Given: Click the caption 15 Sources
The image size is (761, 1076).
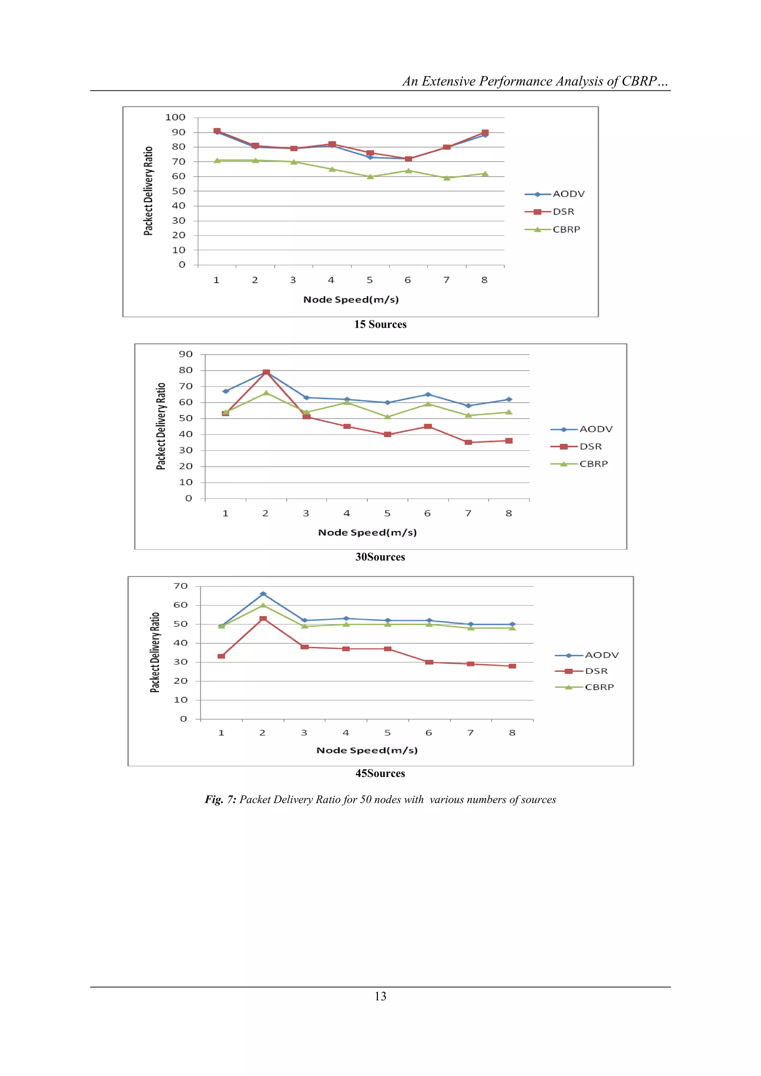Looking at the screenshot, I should pos(380,324).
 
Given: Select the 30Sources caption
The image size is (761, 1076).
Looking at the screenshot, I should pos(380,557).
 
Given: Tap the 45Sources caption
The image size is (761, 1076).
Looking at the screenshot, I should pos(380,773).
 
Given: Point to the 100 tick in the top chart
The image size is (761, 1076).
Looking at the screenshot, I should pos(175,117).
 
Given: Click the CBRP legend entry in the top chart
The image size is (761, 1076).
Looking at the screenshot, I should pos(566,230).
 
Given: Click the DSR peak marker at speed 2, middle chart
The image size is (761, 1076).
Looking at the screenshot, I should pos(266,372).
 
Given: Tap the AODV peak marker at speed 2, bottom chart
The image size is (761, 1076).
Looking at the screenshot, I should pos(263,594).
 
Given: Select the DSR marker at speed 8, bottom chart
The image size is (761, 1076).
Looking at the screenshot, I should pos(512,666).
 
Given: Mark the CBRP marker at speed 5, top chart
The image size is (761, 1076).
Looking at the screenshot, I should pos(370,177).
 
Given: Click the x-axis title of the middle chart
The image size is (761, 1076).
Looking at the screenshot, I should pos(367,532).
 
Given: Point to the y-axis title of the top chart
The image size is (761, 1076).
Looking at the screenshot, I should pos(148,191).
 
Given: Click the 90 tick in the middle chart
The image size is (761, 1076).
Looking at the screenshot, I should pos(185,354).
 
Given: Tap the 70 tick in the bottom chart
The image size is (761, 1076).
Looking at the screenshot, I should pos(181,586).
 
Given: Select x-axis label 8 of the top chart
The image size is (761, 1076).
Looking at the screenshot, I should pos(485,280).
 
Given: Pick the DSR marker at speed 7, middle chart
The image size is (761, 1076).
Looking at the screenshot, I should pos(468,442).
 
